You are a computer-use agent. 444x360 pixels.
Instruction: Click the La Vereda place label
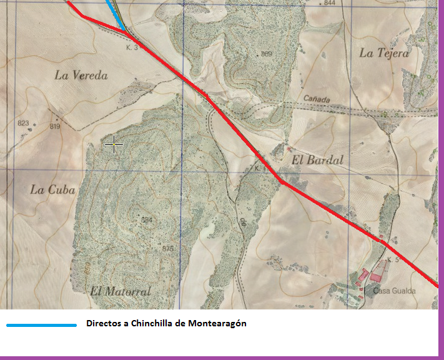pos(81,75)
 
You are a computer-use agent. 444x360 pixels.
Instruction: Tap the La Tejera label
pos(384,53)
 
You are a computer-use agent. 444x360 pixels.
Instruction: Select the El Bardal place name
pos(317,160)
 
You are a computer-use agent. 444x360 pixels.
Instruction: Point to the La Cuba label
pos(52,190)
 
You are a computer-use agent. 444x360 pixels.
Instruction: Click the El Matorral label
pos(121,291)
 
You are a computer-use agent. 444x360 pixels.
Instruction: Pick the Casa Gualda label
pos(394,291)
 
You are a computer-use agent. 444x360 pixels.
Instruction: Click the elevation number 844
pos(330,3)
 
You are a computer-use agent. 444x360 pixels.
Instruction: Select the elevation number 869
pos(267,54)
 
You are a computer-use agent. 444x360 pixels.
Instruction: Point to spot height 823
pos(23,123)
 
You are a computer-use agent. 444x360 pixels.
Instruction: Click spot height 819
pos(54,127)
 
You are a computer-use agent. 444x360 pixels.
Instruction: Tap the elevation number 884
pos(147,220)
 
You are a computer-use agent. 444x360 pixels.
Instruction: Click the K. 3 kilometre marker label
pos(132,47)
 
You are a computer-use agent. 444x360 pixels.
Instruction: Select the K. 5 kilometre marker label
pos(393,259)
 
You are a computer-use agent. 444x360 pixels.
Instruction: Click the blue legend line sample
pos(41,325)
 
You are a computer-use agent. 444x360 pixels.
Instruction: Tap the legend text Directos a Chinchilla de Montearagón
pos(166,324)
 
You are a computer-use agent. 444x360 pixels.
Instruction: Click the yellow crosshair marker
pos(114,145)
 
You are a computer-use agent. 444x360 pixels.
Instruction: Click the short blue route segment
pos(116,14)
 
